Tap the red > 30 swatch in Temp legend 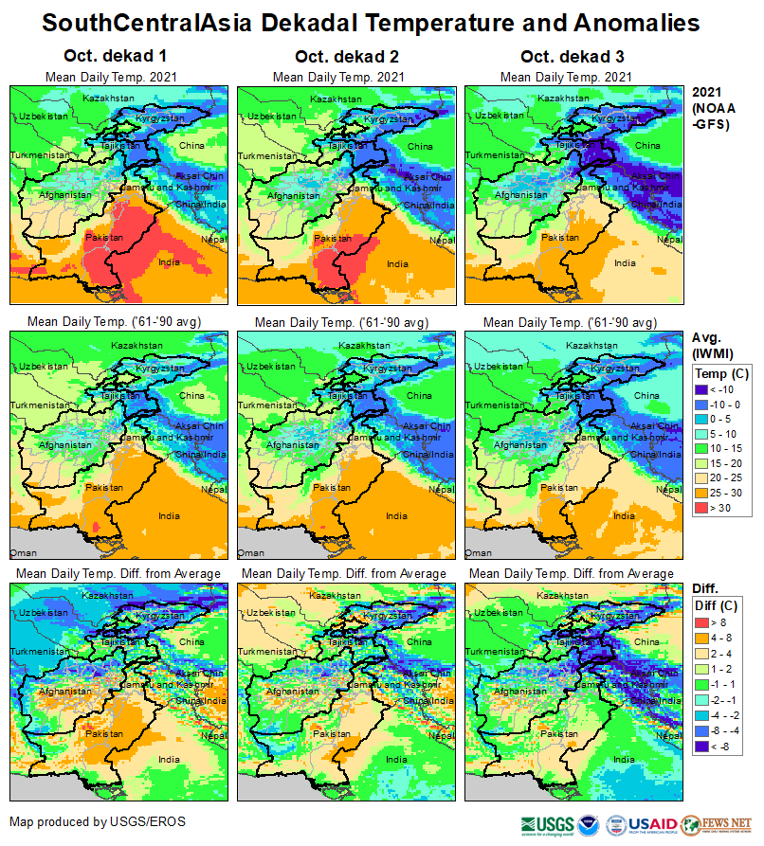coord(703,508)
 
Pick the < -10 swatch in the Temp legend coord(703,388)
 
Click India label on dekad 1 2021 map coord(169,262)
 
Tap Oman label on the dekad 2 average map coord(251,551)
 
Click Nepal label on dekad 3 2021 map coord(668,240)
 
